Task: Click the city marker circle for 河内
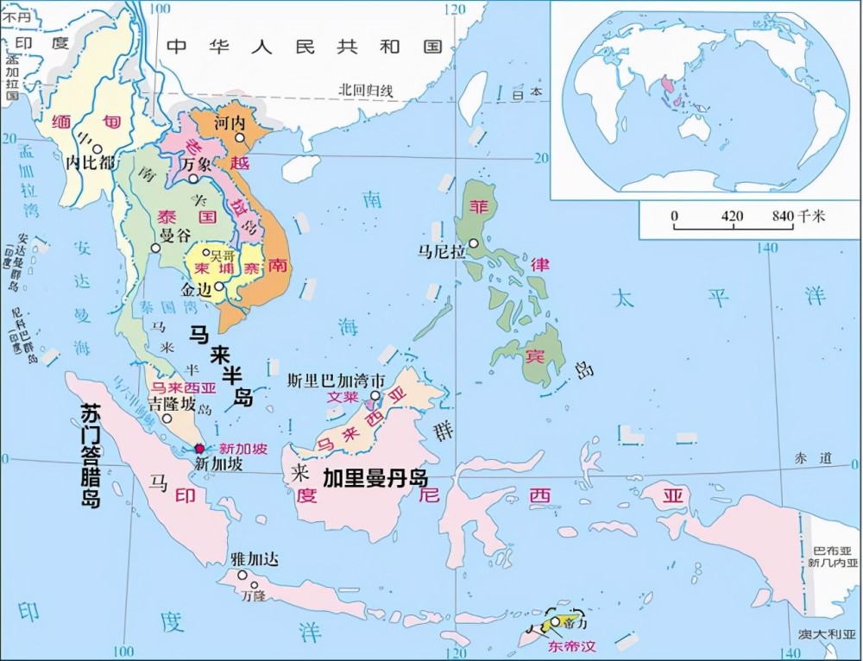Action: (242, 138)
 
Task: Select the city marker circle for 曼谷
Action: (155, 248)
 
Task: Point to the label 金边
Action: (196, 290)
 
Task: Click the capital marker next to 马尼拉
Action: (473, 244)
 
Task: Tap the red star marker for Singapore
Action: (200, 449)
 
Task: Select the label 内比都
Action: (90, 161)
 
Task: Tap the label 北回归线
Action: (365, 90)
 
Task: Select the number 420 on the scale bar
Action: (733, 216)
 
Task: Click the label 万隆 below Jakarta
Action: (254, 595)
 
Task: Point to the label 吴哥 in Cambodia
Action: (223, 255)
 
